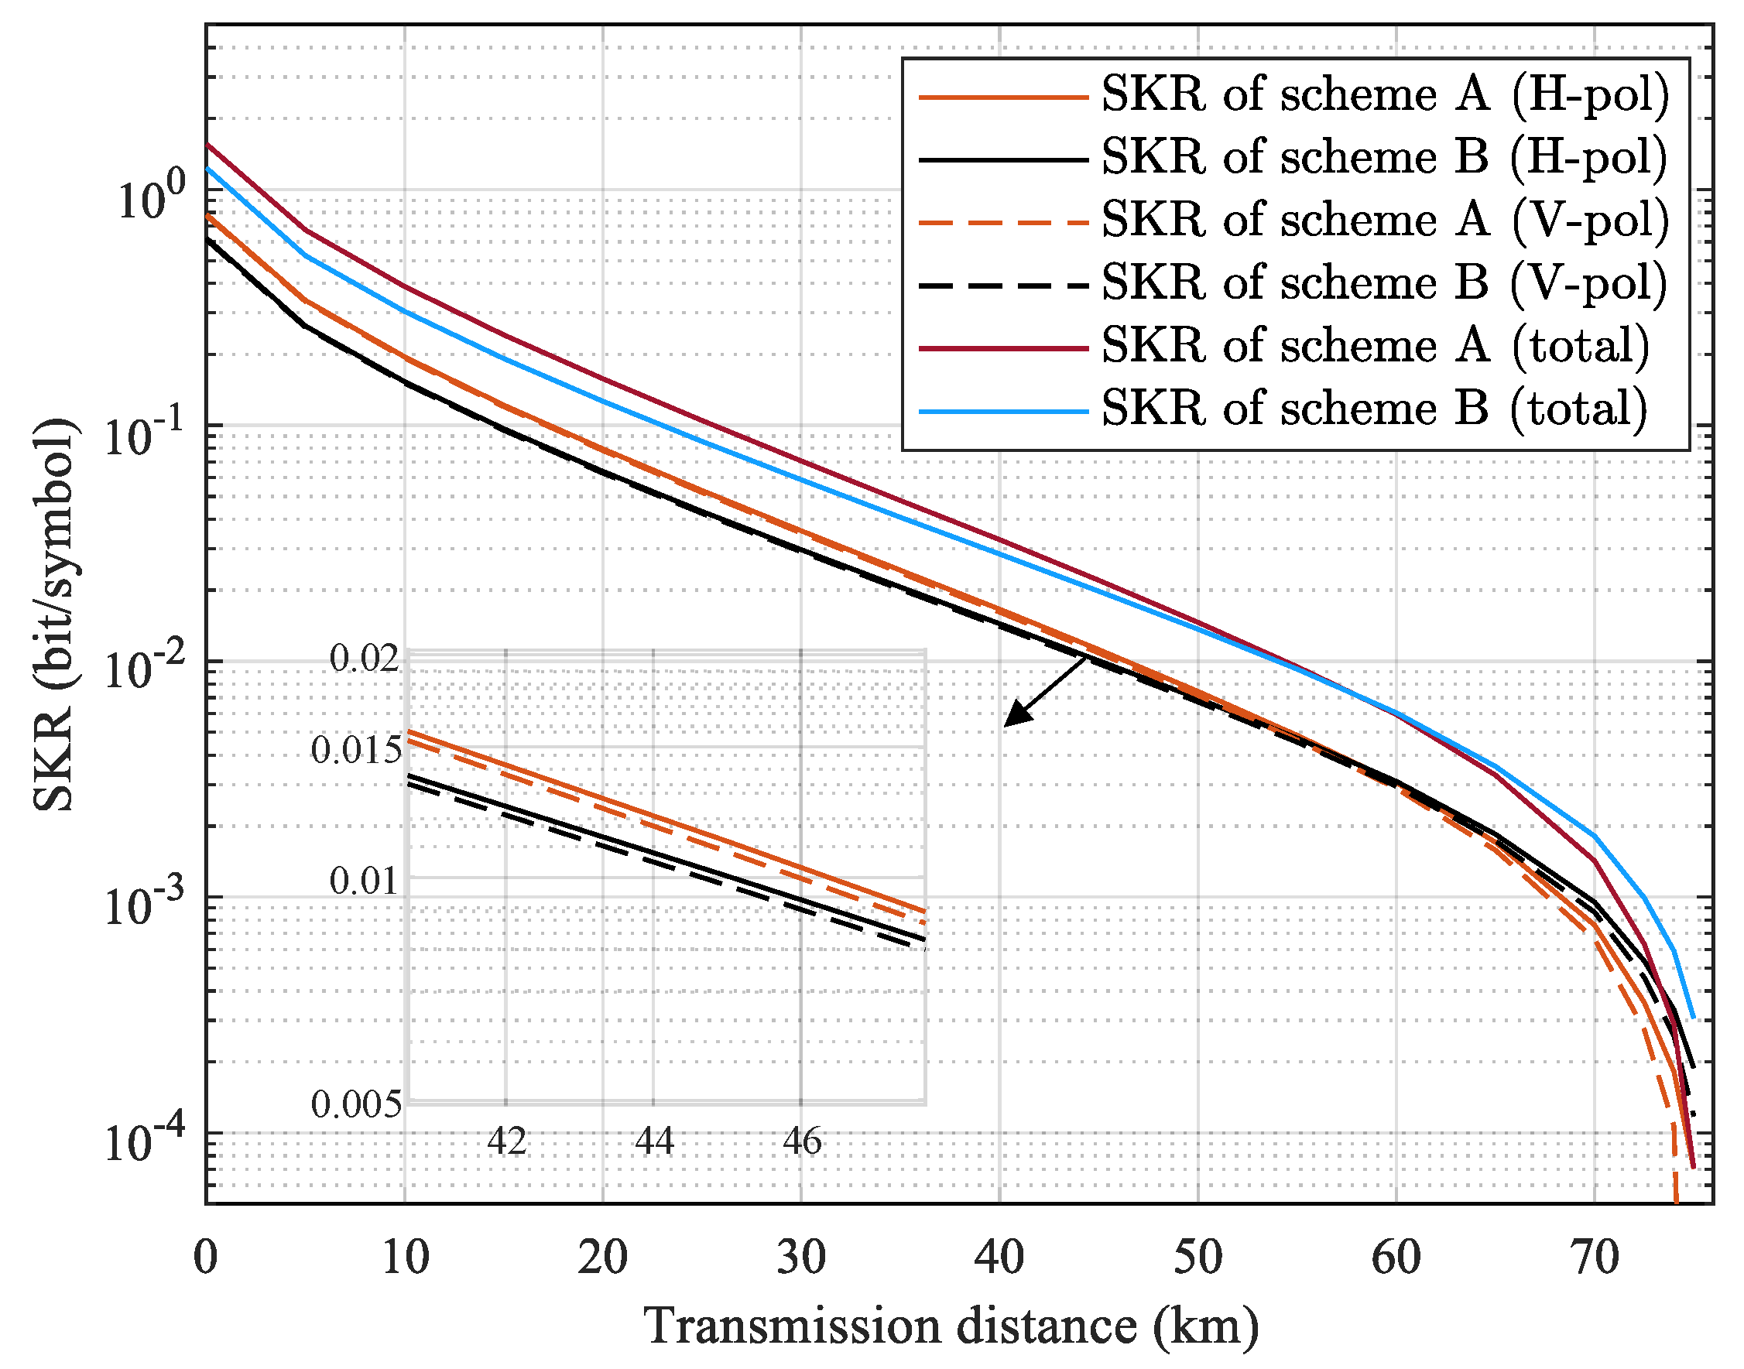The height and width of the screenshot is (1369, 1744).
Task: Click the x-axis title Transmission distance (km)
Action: [x=951, y=1326]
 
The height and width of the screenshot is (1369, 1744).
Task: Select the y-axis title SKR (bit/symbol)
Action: [x=54, y=614]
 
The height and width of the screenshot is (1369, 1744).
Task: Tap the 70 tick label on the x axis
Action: [x=1594, y=1258]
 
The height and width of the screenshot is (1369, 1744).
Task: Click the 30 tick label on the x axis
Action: [x=801, y=1258]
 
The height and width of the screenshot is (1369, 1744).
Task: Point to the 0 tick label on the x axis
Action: [x=206, y=1258]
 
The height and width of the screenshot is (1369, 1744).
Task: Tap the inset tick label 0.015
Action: [x=356, y=750]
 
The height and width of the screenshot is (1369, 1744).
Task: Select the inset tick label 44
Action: [x=653, y=1141]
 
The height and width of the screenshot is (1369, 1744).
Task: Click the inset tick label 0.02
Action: [x=364, y=659]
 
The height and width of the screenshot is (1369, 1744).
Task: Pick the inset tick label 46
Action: [x=802, y=1141]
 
